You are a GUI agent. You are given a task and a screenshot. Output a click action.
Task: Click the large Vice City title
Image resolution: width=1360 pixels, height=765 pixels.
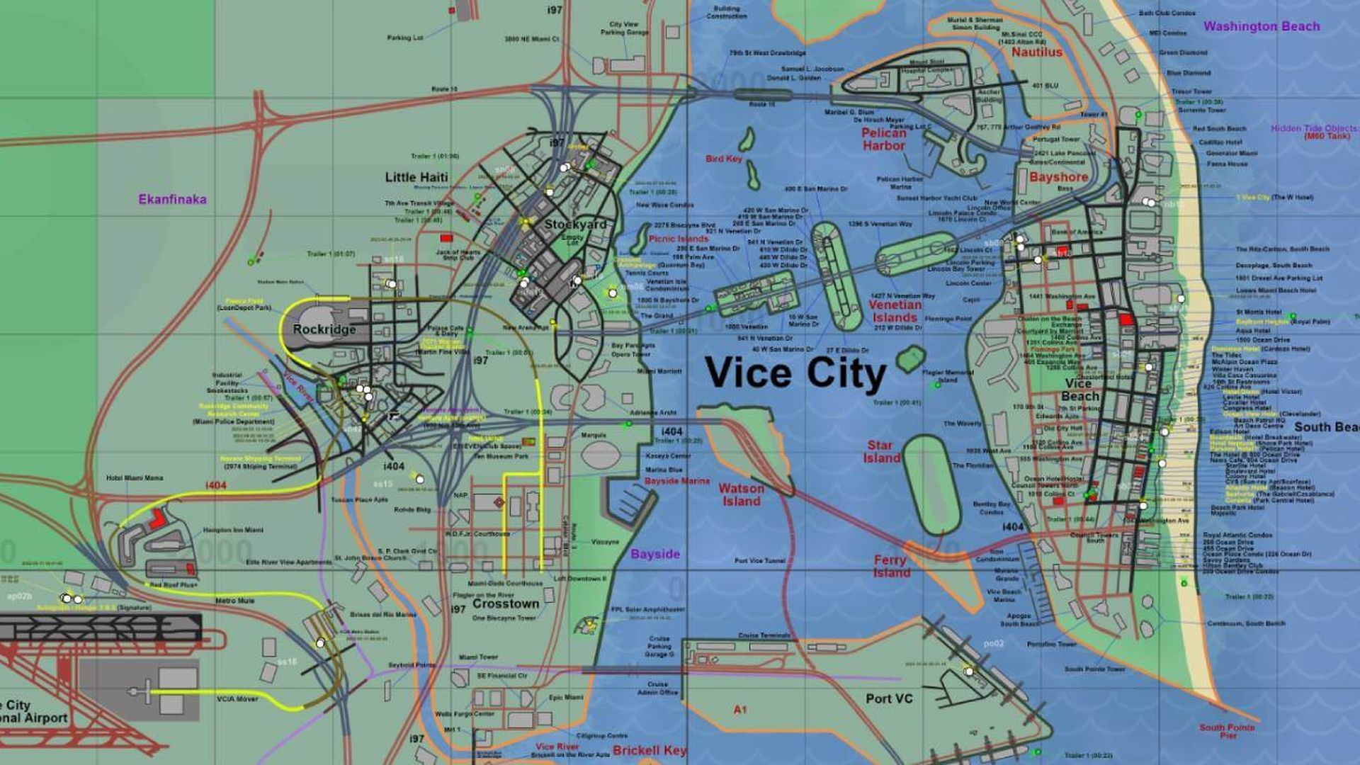click(x=795, y=373)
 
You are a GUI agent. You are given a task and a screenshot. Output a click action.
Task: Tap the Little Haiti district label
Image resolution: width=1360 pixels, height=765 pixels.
click(x=416, y=177)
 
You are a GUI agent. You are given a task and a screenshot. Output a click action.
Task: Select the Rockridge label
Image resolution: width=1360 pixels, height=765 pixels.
click(x=324, y=329)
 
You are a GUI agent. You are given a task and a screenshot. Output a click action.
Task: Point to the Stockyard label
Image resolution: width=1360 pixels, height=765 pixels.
click(x=575, y=224)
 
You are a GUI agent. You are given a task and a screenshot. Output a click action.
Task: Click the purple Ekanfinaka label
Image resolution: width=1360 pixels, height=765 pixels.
click(x=172, y=200)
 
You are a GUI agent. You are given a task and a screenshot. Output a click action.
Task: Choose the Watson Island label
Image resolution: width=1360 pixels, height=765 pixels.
click(x=741, y=494)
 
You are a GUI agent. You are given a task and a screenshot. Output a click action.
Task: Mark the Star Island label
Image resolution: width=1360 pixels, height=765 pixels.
click(x=881, y=452)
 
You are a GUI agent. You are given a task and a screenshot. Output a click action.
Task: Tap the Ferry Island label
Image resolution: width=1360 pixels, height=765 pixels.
click(x=890, y=566)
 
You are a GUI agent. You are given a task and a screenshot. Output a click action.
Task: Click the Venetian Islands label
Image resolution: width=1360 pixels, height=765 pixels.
click(x=895, y=311)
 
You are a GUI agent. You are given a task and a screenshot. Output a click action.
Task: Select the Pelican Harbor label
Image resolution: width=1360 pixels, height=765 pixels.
click(x=883, y=139)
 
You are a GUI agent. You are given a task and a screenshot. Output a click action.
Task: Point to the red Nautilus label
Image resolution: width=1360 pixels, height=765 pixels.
click(x=1036, y=52)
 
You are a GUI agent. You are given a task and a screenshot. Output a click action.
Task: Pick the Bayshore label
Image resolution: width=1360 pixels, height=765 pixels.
click(x=1058, y=177)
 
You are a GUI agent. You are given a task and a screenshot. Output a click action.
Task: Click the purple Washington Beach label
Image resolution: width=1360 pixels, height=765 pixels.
click(x=1262, y=26)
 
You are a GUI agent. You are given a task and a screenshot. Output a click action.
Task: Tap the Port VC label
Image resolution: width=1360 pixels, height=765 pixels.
click(x=889, y=698)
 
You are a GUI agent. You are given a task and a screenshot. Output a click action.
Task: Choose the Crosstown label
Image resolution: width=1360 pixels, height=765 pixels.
click(x=506, y=604)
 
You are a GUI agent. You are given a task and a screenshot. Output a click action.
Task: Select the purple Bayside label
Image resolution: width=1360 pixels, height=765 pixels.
click(x=655, y=554)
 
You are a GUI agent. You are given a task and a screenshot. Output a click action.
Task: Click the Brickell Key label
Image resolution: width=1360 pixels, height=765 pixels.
click(x=650, y=750)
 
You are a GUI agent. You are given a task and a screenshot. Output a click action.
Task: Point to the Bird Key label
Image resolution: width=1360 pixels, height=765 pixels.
click(x=723, y=159)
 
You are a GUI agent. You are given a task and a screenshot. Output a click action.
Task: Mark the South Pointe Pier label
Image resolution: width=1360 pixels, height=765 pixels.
click(x=1227, y=731)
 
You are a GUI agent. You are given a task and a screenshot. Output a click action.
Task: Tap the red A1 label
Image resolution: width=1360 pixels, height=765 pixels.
click(x=740, y=709)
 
